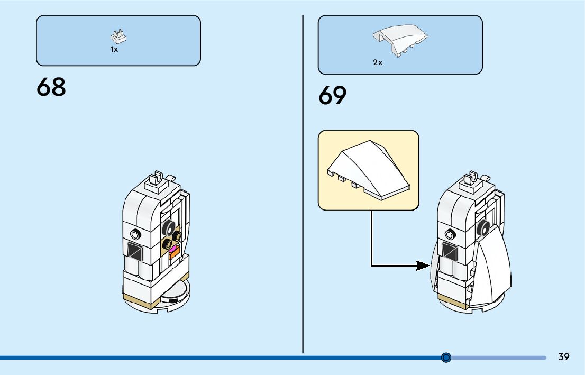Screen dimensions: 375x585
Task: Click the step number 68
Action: pyautogui.click(x=51, y=87)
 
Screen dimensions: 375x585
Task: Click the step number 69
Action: pyautogui.click(x=333, y=96)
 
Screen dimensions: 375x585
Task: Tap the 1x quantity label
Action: pyautogui.click(x=114, y=49)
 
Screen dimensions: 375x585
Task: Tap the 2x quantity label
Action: pyautogui.click(x=378, y=62)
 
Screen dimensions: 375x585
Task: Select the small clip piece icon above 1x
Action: pyautogui.click(x=119, y=36)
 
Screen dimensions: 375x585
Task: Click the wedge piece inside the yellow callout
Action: pyautogui.click(x=369, y=168)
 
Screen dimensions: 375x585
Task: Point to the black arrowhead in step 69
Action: pyautogui.click(x=423, y=265)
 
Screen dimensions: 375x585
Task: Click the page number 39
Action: pyautogui.click(x=564, y=357)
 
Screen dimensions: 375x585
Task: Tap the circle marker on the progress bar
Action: pyautogui.click(x=446, y=358)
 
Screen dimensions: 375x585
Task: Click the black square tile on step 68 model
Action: pyautogui.click(x=135, y=251)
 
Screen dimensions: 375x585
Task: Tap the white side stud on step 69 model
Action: pyautogui.click(x=451, y=233)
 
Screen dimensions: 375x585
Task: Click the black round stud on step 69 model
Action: pyautogui.click(x=482, y=227)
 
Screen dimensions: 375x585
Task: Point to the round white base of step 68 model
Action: pyautogui.click(x=175, y=294)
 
